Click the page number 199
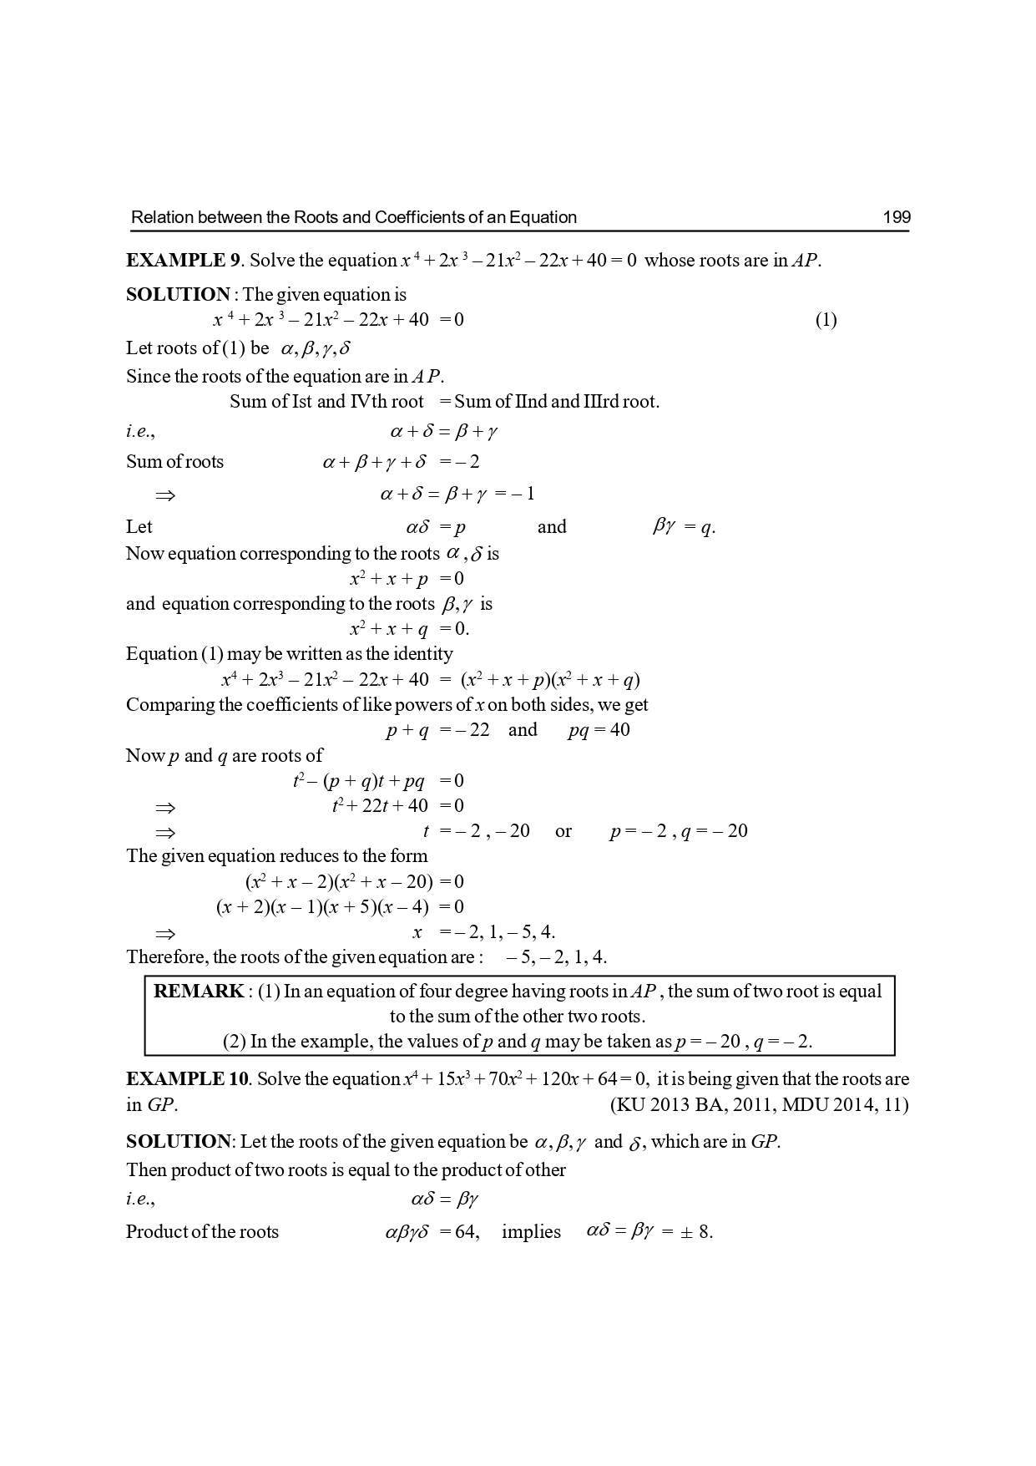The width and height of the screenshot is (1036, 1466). [896, 218]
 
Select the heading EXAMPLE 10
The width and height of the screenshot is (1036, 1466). [187, 1079]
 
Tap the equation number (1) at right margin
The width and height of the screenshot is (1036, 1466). [825, 320]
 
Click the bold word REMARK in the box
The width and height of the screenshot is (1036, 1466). [199, 992]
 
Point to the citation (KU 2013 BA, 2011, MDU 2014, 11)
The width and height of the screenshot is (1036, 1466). [759, 1105]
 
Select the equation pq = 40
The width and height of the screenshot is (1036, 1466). [599, 730]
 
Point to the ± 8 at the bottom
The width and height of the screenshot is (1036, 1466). [696, 1232]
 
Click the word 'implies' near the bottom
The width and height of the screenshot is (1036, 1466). [531, 1232]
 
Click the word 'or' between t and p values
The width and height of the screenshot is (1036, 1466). [563, 831]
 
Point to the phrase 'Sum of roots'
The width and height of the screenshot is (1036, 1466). [174, 462]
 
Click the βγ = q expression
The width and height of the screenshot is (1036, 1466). [683, 527]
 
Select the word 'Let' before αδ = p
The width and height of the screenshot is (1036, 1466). [139, 527]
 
